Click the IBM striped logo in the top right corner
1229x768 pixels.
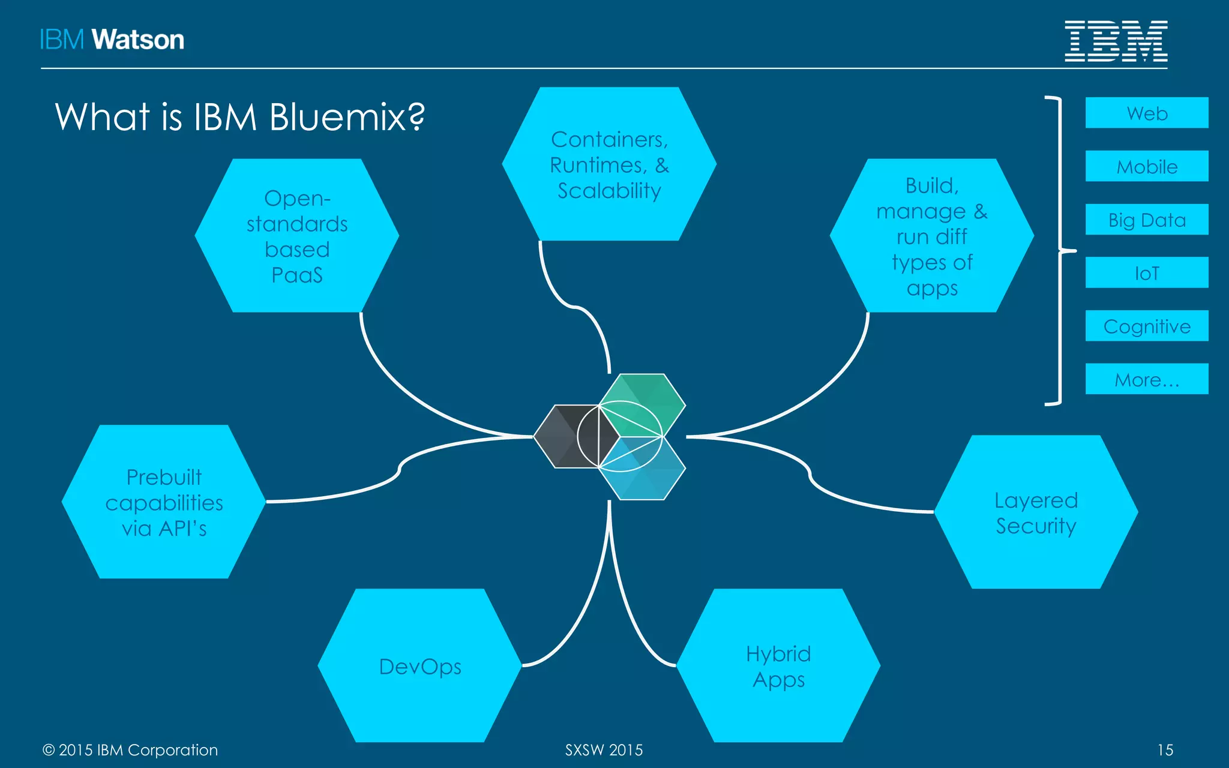(x=1116, y=41)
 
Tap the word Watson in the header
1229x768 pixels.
(x=138, y=40)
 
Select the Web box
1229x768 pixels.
(x=1146, y=113)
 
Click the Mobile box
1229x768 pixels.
(x=1146, y=166)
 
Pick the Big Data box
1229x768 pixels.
(x=1146, y=220)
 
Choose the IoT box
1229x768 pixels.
(x=1146, y=273)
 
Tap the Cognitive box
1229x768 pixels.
(x=1146, y=326)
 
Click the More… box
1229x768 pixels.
(x=1146, y=379)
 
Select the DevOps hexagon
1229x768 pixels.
(x=419, y=666)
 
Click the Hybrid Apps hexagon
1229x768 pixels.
(x=778, y=666)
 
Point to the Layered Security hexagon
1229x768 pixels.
(x=1036, y=512)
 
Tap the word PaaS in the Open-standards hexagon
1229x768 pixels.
(x=297, y=275)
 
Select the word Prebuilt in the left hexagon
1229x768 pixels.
(x=164, y=477)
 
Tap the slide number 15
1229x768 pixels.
(x=1165, y=750)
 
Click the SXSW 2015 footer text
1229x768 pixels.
(x=604, y=750)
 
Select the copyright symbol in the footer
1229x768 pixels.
(x=49, y=750)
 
